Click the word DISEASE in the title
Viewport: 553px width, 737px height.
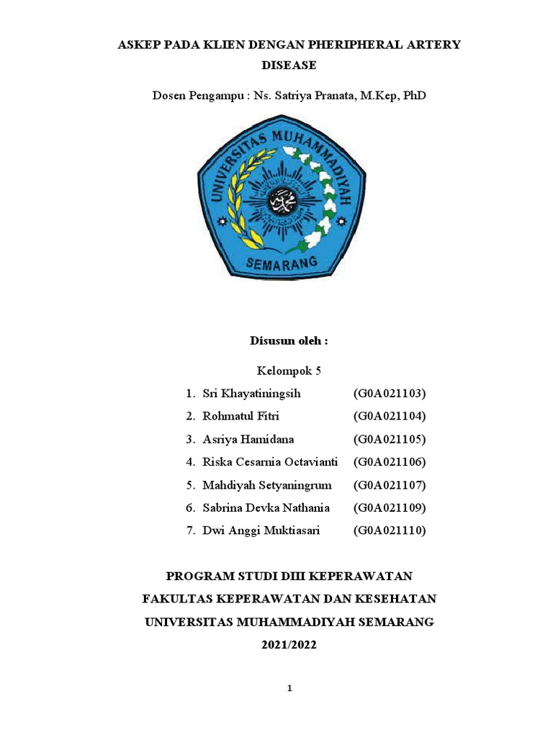click(x=288, y=65)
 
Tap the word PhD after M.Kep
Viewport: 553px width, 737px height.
click(x=414, y=95)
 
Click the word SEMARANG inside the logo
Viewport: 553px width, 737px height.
click(x=282, y=264)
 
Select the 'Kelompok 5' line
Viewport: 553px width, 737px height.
click(x=288, y=371)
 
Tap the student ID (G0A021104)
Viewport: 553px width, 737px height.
click(x=390, y=416)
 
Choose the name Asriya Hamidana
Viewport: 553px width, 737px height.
click(x=248, y=439)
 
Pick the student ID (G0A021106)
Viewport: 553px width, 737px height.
click(x=390, y=462)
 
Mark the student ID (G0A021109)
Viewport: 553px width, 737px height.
click(x=390, y=508)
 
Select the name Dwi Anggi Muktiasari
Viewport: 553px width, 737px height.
click(x=261, y=531)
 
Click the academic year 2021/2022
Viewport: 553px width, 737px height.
click(x=288, y=645)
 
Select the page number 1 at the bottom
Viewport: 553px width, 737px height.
click(x=289, y=689)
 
